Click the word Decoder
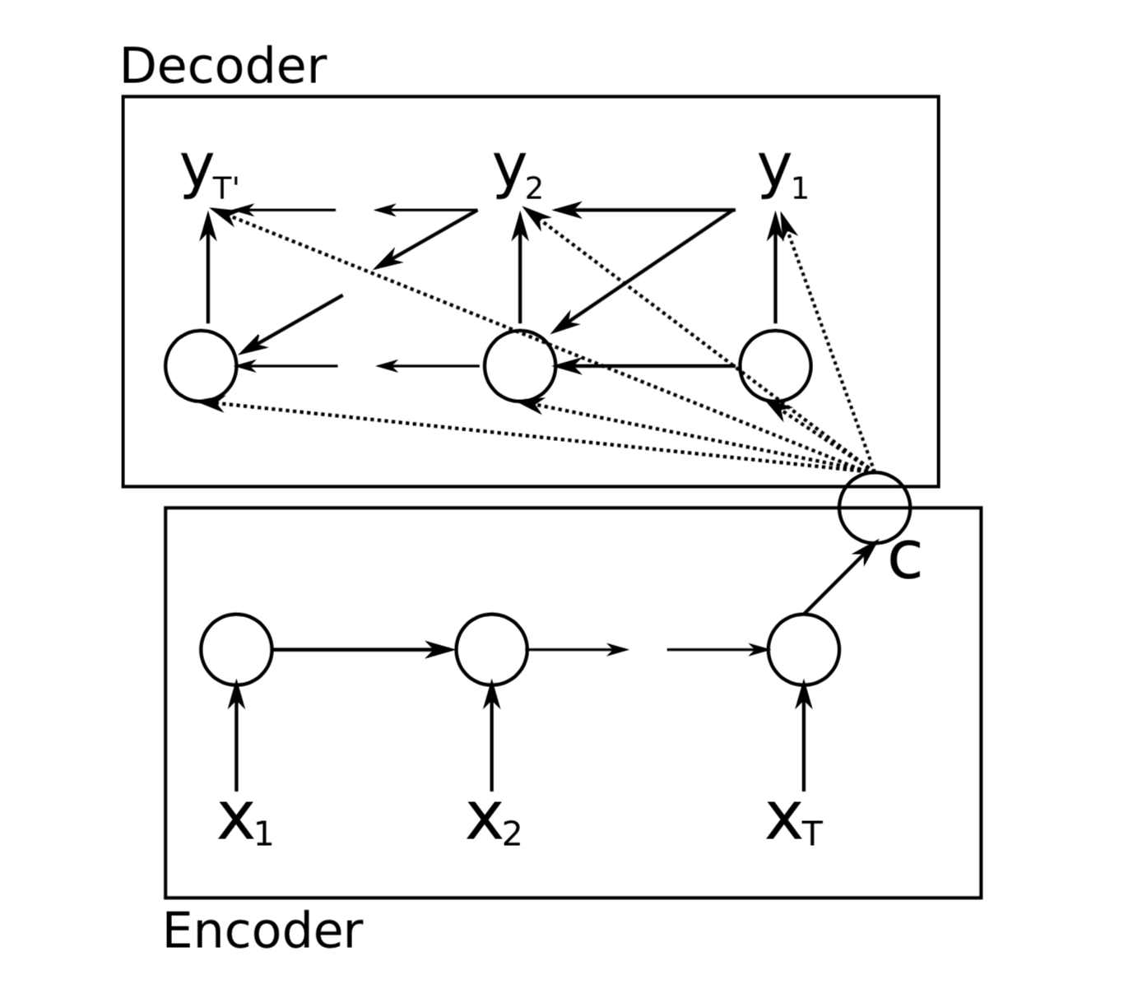223,67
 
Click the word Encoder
262,931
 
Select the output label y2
519,175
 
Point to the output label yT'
209,175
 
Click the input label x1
244,822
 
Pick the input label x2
493,822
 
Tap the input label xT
793,822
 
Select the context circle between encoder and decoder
875,507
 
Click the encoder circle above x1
236,649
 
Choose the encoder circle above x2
492,649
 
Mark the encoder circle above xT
804,649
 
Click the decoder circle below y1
775,366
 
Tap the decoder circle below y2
520,366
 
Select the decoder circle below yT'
201,366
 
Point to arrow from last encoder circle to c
838,578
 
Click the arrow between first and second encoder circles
362,650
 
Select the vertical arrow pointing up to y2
520,267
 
